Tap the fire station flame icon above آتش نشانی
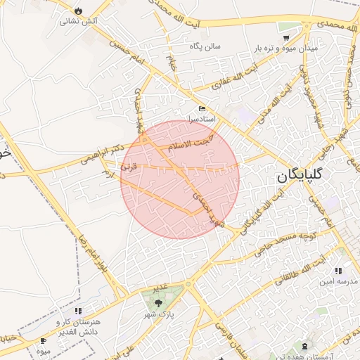pyautogui.click(x=77, y=11)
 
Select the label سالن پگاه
pyautogui.click(x=205, y=46)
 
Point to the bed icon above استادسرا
pyautogui.click(x=202, y=109)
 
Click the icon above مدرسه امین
pyautogui.click(x=338, y=271)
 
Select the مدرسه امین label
pyautogui.click(x=334, y=281)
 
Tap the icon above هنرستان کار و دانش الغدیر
pyautogui.click(x=78, y=310)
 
